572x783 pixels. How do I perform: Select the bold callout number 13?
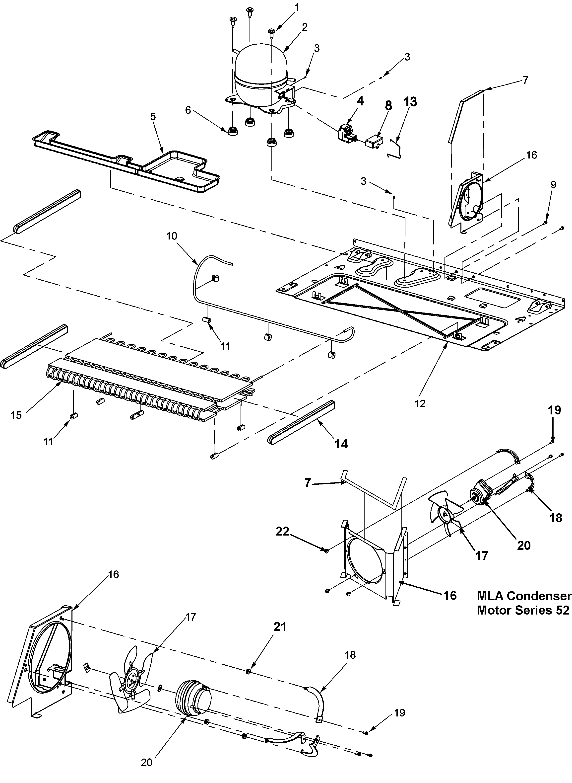pos(410,102)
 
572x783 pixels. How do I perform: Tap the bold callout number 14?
pos(341,444)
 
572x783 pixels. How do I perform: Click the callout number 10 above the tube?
pos(171,236)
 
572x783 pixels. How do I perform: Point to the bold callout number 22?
pos(282,531)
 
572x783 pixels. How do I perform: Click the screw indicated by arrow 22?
pos(326,550)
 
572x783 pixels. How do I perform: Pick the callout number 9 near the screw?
pos(553,185)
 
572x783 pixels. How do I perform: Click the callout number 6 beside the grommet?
pos(188,110)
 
